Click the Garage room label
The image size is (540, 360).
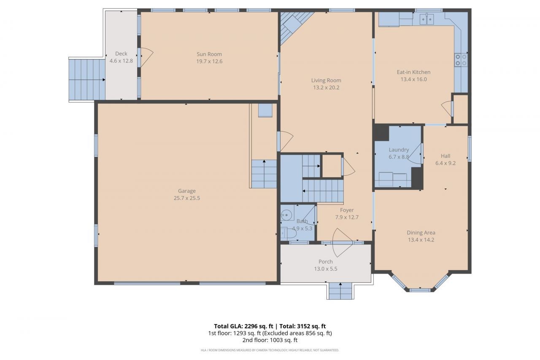186,191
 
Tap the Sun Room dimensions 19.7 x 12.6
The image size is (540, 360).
209,61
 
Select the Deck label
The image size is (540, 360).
121,54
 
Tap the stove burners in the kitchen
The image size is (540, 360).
461,60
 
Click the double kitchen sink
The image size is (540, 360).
427,19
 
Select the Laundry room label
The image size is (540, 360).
399,150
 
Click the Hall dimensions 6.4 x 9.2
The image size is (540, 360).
445,163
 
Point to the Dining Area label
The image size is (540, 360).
421,232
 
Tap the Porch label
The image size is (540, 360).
325,262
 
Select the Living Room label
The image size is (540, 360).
326,81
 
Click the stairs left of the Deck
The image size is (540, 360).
87,79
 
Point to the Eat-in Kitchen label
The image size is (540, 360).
413,72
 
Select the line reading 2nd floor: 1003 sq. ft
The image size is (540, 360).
270,340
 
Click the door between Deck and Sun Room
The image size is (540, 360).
146,57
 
